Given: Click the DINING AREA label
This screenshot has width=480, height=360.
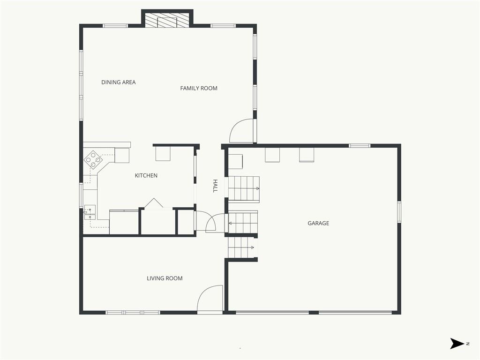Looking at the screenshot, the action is [x=119, y=82].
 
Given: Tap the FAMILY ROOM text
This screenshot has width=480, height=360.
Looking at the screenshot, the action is [x=199, y=88].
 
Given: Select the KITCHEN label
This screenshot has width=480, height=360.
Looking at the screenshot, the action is [x=146, y=175].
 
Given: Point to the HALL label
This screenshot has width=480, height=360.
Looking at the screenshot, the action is [x=215, y=186].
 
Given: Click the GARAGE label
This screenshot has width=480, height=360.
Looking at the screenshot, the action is [x=318, y=223].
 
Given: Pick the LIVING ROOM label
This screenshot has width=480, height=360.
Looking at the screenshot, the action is [x=165, y=278].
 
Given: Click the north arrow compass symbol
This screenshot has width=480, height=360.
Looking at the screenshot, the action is [x=457, y=344].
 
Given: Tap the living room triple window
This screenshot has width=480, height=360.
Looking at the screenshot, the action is [x=133, y=313].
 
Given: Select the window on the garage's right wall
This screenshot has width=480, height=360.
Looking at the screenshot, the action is [x=399, y=212].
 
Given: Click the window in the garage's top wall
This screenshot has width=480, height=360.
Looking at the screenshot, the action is [x=360, y=146].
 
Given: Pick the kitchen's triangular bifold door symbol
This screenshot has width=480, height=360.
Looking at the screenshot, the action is [x=154, y=204].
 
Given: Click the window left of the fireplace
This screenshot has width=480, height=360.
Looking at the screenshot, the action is [x=115, y=26].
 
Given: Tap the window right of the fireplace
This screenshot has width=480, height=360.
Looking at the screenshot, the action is [x=223, y=26].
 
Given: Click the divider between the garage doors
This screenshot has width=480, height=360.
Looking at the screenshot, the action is [x=314, y=313].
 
